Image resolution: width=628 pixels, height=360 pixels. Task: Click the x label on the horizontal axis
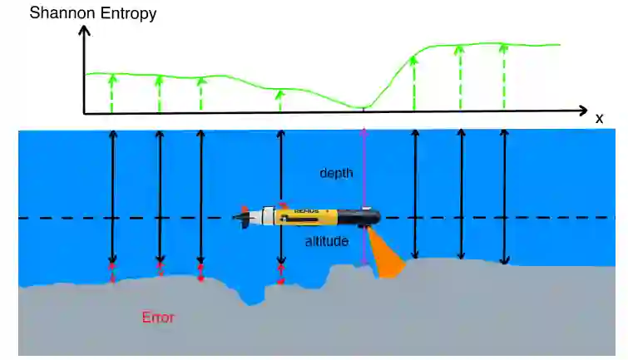[x=599, y=119]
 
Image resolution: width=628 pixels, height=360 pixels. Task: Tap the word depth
[x=337, y=173]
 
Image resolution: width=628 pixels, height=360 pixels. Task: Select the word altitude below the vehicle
[x=325, y=241]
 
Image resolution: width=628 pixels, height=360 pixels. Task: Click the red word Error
[x=159, y=317]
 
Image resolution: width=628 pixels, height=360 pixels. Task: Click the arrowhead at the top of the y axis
[x=82, y=32]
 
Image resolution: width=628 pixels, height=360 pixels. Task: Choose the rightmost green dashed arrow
[x=502, y=77]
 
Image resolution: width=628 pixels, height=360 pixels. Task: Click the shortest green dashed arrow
[x=280, y=101]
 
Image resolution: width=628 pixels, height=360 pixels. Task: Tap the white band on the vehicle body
[x=269, y=216]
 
